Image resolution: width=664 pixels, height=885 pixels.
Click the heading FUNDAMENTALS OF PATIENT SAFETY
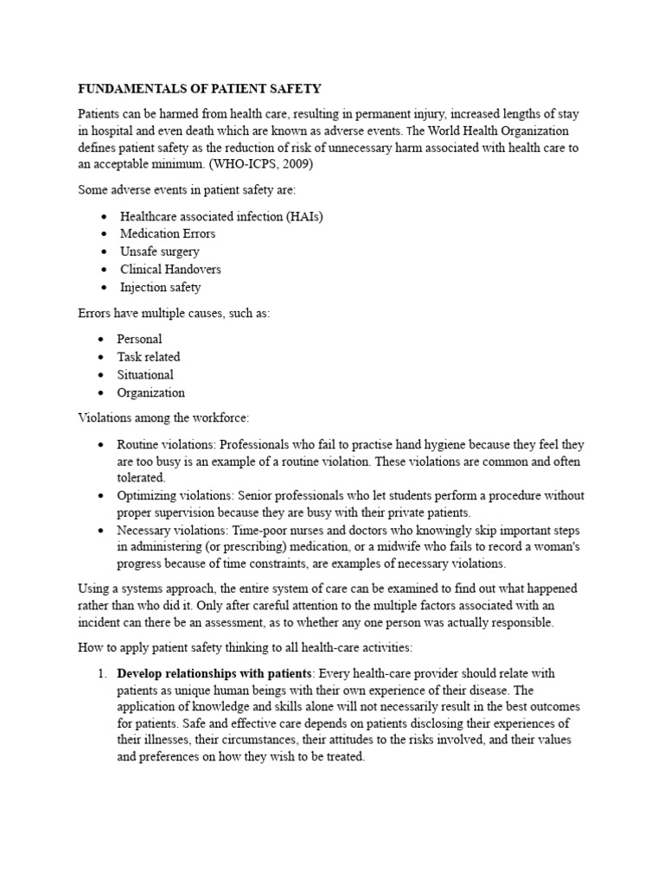(200, 89)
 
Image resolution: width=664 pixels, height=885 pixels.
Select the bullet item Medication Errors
(168, 233)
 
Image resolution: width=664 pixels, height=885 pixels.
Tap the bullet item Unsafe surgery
(160, 251)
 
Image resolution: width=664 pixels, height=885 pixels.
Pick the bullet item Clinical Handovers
(170, 270)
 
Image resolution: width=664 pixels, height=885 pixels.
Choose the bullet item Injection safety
(160, 288)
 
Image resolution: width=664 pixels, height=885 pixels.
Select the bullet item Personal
(140, 339)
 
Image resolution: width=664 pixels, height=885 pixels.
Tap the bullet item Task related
(149, 357)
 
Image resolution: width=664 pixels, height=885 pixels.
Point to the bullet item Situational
(145, 375)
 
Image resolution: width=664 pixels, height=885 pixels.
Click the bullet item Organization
(151, 393)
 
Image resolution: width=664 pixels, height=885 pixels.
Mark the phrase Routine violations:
(167, 444)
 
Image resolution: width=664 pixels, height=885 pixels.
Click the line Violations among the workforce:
(163, 418)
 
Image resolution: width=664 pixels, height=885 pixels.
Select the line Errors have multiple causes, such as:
(174, 313)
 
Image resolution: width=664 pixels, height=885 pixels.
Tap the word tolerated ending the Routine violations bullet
(141, 477)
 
